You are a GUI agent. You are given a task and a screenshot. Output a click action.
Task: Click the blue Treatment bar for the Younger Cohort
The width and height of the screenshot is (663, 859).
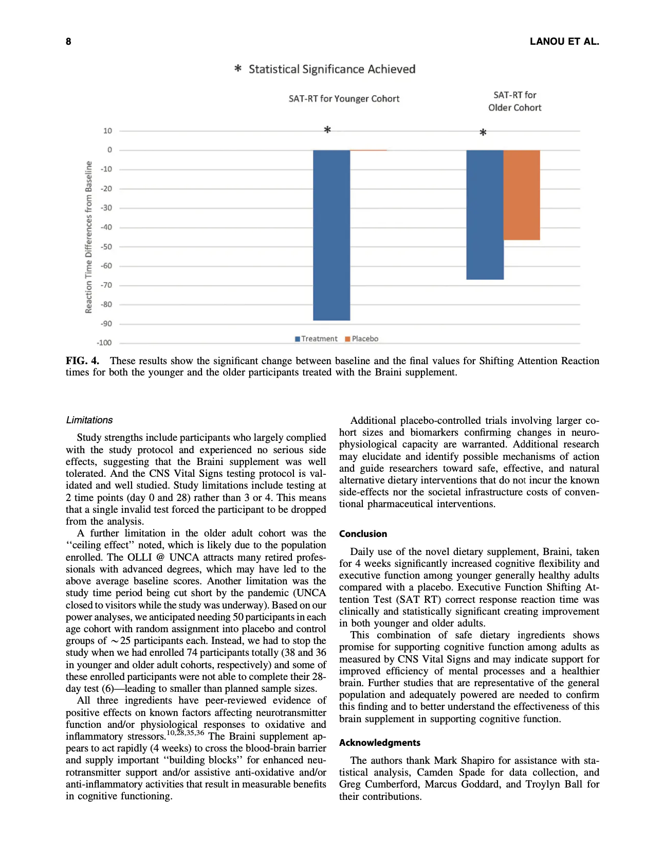[331, 235]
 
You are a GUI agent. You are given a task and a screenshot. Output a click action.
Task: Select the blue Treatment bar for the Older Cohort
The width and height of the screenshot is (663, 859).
[485, 214]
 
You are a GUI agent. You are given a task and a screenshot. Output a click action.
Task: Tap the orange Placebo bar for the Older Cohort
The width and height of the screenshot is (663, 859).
[522, 195]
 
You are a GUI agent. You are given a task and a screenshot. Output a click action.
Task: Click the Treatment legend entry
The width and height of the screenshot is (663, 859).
[316, 338]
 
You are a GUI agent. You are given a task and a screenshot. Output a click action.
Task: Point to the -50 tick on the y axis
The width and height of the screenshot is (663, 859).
[106, 247]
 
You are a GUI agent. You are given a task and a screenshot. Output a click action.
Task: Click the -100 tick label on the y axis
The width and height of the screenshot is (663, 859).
[104, 343]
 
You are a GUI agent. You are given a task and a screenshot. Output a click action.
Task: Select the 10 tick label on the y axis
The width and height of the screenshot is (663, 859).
[107, 131]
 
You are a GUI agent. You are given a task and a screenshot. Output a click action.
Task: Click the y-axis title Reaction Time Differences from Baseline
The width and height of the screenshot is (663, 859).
[89, 237]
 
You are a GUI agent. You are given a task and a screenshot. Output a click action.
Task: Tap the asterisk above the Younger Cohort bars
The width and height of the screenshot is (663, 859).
[327, 130]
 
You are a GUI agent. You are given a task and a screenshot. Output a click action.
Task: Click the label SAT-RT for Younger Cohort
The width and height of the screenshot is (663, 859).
[344, 99]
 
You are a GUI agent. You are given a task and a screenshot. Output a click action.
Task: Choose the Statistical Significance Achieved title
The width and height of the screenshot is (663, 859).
[331, 69]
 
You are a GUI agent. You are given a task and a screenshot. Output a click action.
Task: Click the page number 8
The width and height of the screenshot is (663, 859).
[68, 42]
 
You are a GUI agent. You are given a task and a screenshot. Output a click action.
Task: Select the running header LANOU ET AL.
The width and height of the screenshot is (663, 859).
[564, 42]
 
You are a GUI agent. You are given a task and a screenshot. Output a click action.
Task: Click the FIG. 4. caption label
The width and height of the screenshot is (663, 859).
[82, 361]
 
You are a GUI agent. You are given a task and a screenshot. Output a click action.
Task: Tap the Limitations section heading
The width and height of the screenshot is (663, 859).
[89, 420]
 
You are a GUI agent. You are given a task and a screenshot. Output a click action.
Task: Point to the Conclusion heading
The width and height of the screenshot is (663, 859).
[363, 534]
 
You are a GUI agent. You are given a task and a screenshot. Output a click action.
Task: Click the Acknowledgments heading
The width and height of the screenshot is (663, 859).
[379, 743]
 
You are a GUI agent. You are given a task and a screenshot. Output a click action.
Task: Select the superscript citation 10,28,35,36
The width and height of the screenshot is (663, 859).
[186, 732]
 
